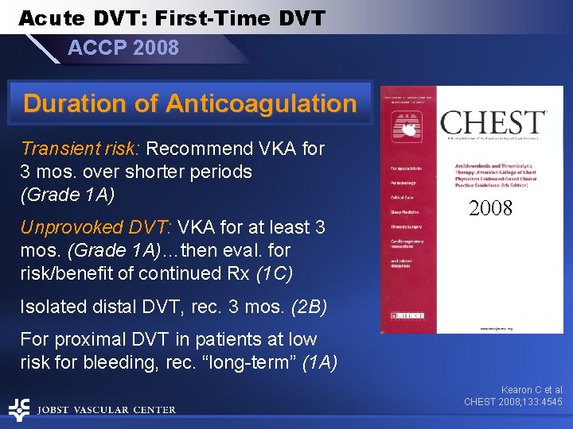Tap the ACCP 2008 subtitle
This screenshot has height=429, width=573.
(x=123, y=48)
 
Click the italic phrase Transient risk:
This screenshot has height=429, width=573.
(x=80, y=149)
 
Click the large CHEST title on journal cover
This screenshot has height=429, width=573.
(x=493, y=123)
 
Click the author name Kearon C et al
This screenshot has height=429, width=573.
(x=531, y=390)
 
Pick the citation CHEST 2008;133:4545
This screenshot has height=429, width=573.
(x=513, y=402)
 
